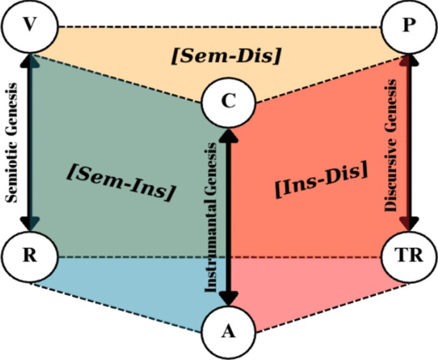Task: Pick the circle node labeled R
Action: coord(29,258)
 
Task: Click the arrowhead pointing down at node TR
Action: coord(409,224)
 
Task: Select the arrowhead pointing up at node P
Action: coord(409,61)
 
